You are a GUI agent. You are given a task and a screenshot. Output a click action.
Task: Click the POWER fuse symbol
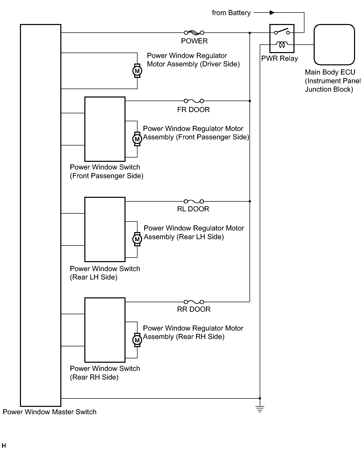point(194,33)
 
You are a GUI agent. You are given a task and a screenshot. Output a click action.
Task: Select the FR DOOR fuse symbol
point(194,101)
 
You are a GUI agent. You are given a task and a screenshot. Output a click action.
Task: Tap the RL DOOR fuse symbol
point(194,201)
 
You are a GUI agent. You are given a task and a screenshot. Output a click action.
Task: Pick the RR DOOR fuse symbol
point(194,302)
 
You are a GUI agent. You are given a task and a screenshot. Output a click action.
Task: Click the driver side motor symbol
point(137,71)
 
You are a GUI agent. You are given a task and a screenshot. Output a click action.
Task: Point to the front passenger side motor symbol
point(137,139)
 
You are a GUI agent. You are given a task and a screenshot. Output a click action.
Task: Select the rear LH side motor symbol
point(137,239)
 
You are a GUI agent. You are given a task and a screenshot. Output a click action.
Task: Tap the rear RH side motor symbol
point(137,340)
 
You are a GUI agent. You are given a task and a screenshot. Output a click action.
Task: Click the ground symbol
point(260,409)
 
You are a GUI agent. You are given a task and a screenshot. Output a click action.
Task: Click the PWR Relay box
point(282,39)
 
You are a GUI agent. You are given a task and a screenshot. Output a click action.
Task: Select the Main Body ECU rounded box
point(334,45)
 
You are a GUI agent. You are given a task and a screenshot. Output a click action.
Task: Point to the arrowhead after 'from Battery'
point(272,13)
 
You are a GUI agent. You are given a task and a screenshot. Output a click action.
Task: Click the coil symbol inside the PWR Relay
point(282,45)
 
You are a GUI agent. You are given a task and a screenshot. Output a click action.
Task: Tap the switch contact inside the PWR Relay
point(282,31)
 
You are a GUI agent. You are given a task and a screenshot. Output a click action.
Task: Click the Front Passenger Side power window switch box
point(105,129)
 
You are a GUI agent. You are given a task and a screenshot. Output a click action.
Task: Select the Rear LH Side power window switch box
point(105,229)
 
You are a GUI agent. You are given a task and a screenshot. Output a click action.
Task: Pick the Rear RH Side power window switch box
point(105,330)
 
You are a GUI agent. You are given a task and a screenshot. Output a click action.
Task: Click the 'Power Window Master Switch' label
point(50,412)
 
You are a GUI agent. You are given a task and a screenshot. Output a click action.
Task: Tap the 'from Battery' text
point(231,13)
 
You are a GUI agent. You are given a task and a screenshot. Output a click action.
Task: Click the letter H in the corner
point(4,446)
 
